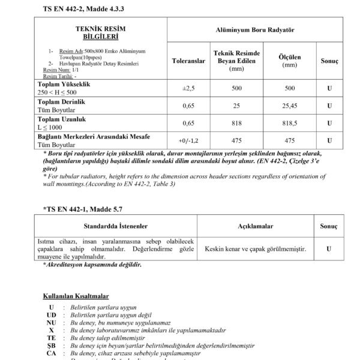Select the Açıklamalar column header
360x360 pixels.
(x=256, y=228)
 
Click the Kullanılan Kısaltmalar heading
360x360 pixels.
(x=75, y=296)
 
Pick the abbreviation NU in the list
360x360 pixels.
(x=52, y=322)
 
